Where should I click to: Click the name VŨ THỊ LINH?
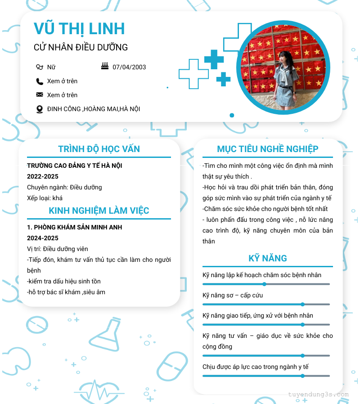click(x=79, y=28)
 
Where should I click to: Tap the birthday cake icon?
click(x=105, y=67)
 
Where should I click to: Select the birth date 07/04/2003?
click(x=129, y=67)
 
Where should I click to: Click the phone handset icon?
click(x=40, y=81)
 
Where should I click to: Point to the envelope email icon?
click(x=40, y=95)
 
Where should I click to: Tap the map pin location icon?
click(x=40, y=109)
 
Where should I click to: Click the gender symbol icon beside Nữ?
click(x=40, y=67)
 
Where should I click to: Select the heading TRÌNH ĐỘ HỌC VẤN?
click(x=99, y=149)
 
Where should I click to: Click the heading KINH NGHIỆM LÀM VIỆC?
click(x=99, y=211)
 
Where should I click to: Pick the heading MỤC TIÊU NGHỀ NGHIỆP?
click(x=268, y=149)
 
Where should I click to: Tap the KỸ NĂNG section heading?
click(x=268, y=258)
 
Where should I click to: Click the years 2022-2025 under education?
click(x=43, y=176)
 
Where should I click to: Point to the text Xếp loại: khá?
click(x=45, y=198)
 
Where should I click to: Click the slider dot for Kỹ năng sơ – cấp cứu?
click(x=302, y=304)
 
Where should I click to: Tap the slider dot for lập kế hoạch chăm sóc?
click(x=264, y=284)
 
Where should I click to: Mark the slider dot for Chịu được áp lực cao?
click(x=302, y=376)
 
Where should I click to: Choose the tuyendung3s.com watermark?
click(x=319, y=395)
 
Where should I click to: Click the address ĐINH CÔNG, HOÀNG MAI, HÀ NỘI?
click(x=94, y=109)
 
